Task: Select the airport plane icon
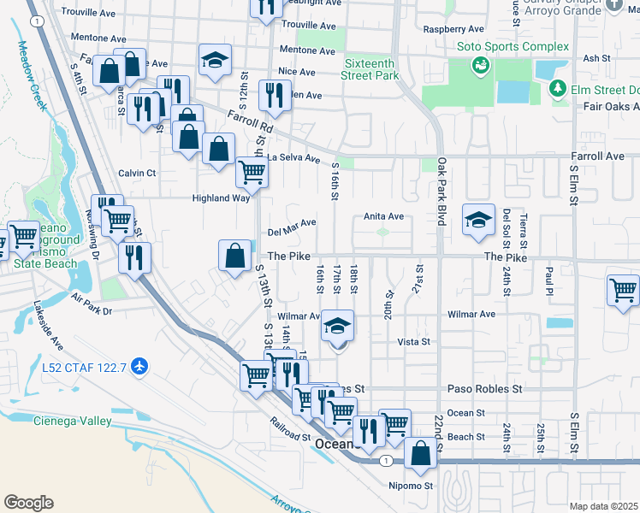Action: tap(140, 367)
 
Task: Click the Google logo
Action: tap(28, 503)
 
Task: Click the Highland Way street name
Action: tap(220, 198)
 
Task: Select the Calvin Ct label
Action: tap(137, 172)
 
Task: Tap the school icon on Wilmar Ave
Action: tap(338, 326)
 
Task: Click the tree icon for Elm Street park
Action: tap(557, 87)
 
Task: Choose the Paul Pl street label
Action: tap(549, 276)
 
